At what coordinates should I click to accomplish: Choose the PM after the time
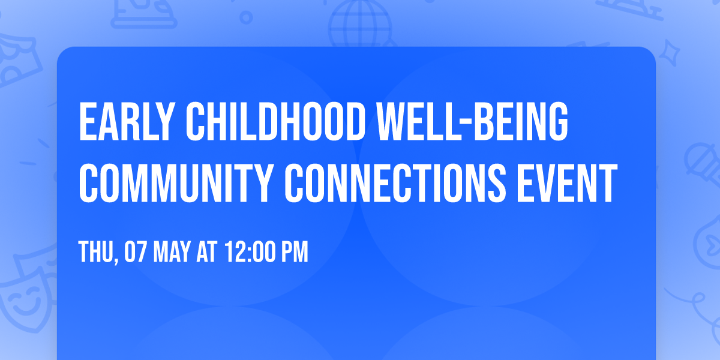pyautogui.click(x=295, y=253)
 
